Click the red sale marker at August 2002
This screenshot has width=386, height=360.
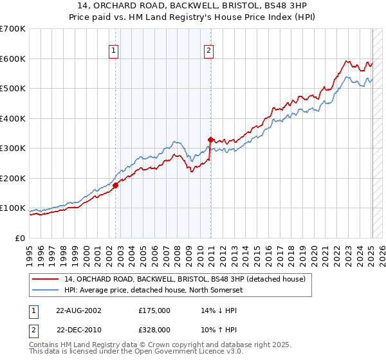116,185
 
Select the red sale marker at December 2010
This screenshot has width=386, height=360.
210,139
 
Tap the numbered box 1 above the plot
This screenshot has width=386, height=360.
113,51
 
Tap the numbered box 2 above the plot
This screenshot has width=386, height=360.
210,51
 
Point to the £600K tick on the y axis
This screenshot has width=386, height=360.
13,59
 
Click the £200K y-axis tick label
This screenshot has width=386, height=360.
13,178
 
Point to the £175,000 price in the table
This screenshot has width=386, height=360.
154,310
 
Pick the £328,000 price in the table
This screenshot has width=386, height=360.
154,329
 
